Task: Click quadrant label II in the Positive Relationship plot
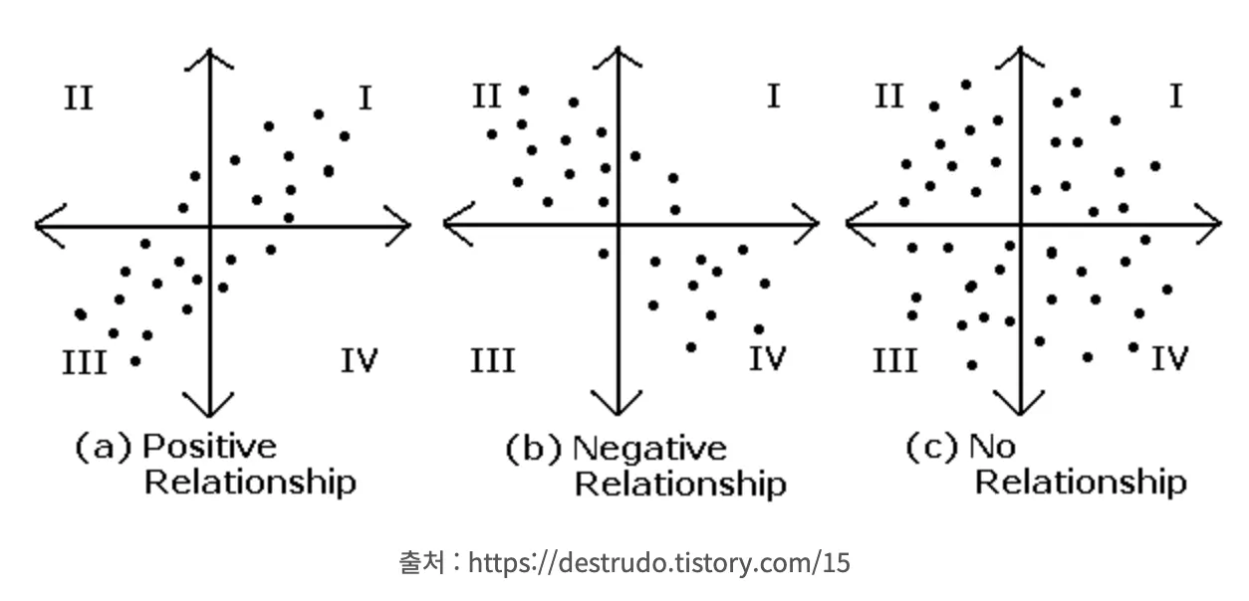(79, 100)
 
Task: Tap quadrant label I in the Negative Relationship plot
(773, 97)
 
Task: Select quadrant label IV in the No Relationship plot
(1169, 358)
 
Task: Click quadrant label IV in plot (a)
(359, 359)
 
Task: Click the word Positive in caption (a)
(208, 447)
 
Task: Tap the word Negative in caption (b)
(649, 449)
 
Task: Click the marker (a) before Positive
(104, 448)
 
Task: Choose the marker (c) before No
(932, 447)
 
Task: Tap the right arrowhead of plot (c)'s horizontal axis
(1211, 224)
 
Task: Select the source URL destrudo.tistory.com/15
(659, 563)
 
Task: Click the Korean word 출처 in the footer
(420, 563)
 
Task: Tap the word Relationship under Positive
(250, 484)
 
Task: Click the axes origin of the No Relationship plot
(1020, 224)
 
